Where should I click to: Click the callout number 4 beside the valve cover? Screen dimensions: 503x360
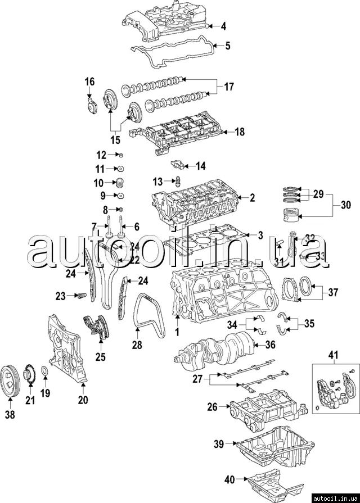223,26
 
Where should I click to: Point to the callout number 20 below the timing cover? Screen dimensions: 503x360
83,401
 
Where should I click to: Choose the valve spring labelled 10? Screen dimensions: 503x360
119,183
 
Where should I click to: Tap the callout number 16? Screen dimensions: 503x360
89,83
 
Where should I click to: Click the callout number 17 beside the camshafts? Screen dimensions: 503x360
229,87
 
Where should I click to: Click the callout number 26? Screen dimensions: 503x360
211,407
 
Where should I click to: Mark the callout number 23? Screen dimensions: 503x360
61,294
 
